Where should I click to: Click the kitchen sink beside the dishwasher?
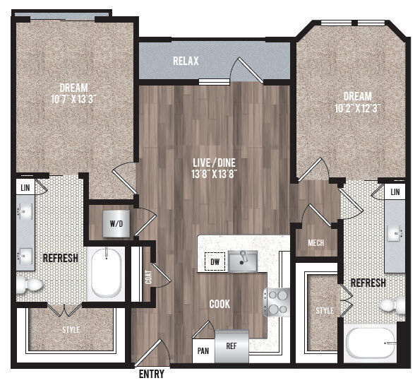tap(243, 261)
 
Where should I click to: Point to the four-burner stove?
tap(276, 302)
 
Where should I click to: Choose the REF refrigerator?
tap(231, 346)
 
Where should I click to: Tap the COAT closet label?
tap(148, 276)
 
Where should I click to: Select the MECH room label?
tap(316, 244)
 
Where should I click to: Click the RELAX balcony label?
tap(186, 61)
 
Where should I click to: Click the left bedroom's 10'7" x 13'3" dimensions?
tap(73, 99)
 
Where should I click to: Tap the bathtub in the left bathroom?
tap(107, 273)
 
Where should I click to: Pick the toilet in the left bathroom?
tap(29, 284)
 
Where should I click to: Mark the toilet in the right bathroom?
tap(391, 305)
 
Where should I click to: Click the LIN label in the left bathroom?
tap(25, 188)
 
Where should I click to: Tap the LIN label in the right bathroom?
tap(395, 192)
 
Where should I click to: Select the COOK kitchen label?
tap(220, 304)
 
